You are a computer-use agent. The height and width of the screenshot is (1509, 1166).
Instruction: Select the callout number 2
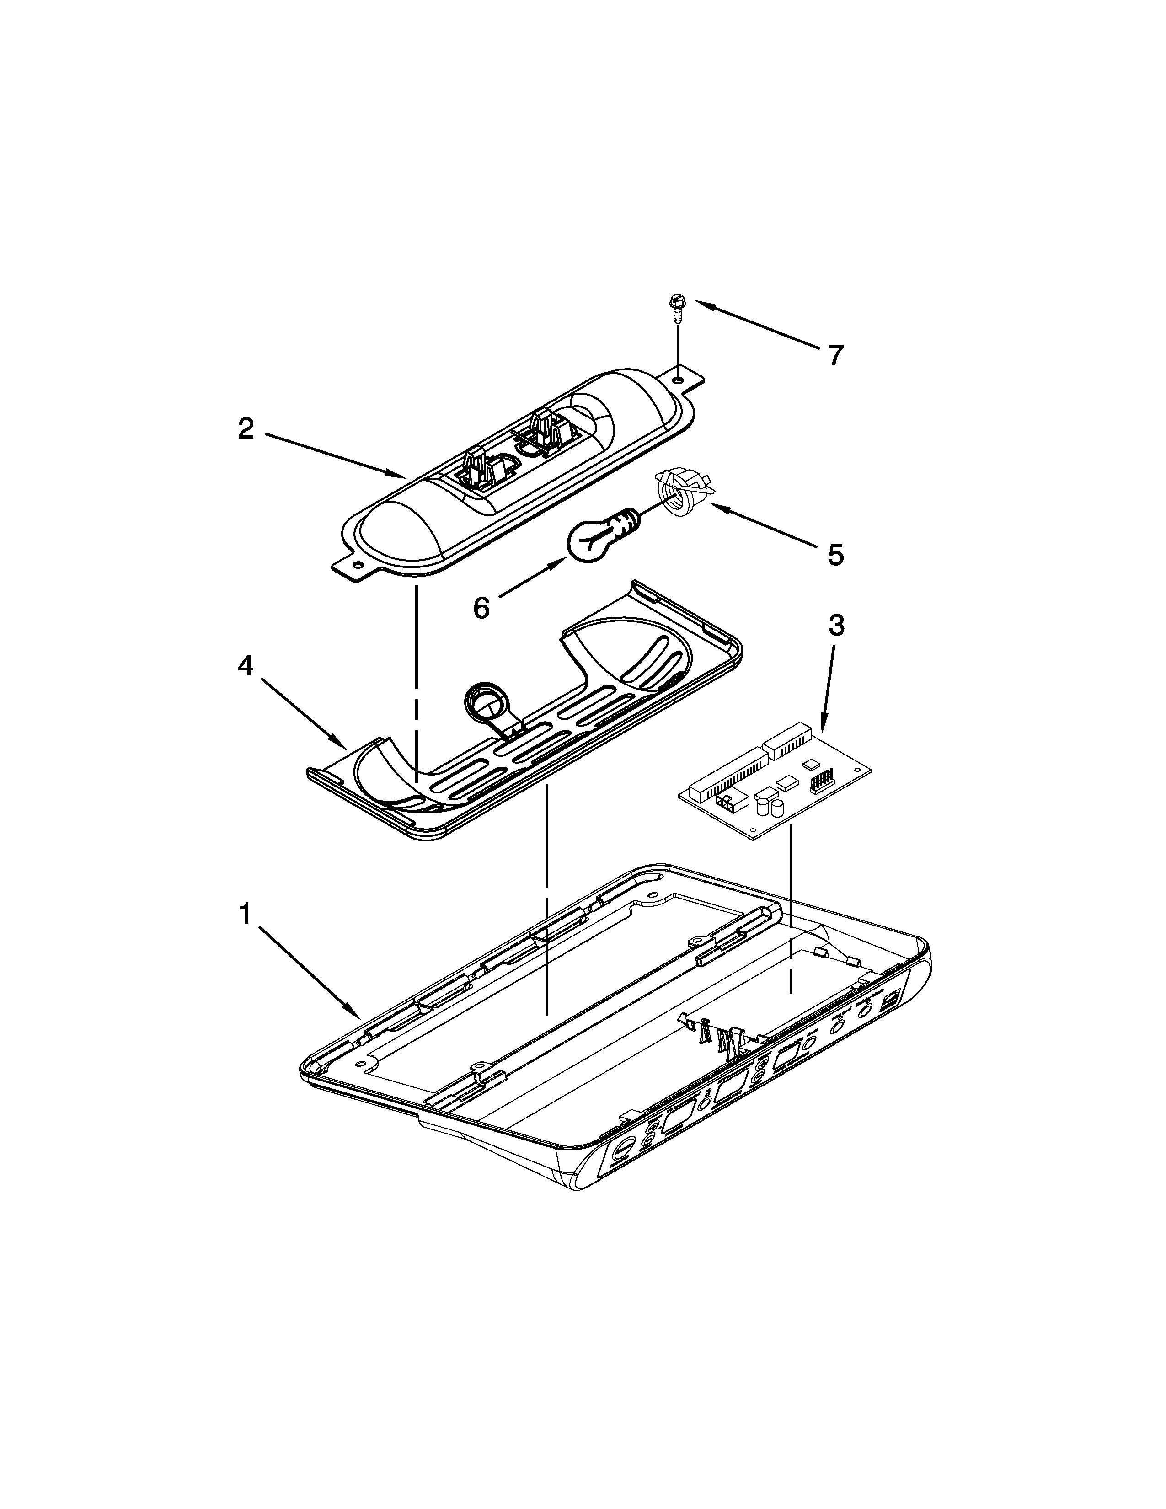pos(246,430)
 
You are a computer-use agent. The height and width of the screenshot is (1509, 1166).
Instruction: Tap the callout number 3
pos(836,626)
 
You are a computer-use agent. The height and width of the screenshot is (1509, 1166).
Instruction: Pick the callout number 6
pos(481,608)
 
